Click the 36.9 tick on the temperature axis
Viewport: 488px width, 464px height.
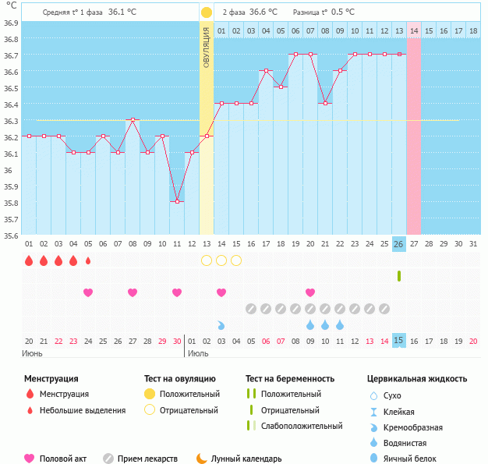9,23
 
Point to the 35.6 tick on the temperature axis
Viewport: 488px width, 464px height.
9,235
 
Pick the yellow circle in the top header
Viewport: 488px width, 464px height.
206,12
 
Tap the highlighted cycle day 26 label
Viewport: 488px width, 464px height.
398,244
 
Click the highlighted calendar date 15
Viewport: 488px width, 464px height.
398,341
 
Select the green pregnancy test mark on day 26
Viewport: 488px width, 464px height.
398,276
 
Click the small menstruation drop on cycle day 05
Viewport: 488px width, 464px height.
88,260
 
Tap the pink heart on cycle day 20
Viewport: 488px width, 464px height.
310,292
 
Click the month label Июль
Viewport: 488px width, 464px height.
199,353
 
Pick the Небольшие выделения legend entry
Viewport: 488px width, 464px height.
82,410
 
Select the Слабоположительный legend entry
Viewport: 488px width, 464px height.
301,426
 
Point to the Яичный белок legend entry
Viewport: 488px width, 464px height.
410,459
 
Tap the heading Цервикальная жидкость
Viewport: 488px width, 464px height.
416,378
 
